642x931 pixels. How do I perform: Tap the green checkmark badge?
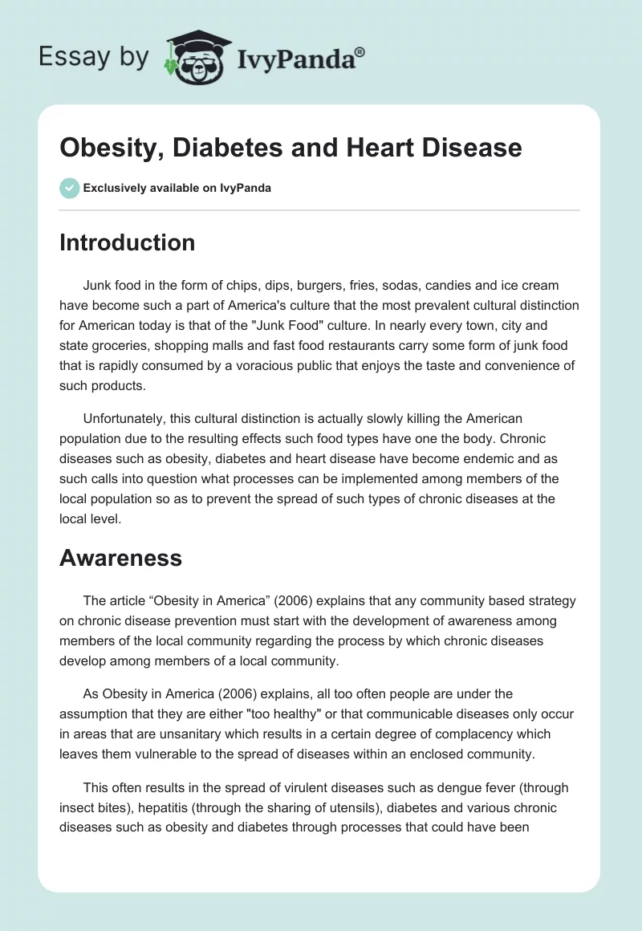(x=69, y=188)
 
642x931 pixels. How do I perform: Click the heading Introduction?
(x=127, y=242)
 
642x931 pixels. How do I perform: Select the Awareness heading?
(x=120, y=558)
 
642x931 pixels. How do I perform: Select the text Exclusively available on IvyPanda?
(x=177, y=188)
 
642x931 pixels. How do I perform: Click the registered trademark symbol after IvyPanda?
(x=361, y=50)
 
